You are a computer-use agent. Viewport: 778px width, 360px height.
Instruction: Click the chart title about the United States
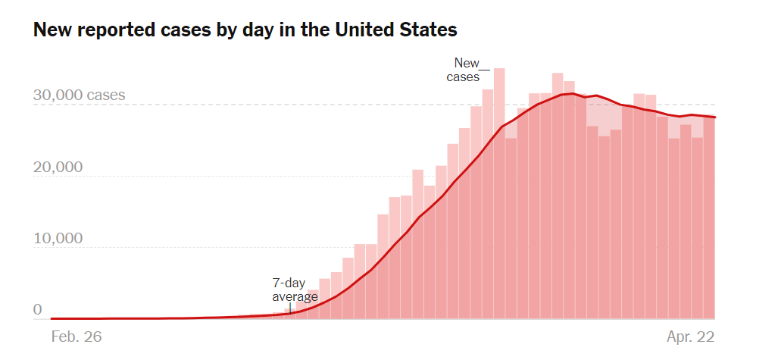tap(245, 30)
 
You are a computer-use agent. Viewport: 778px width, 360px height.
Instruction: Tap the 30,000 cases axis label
tap(80, 96)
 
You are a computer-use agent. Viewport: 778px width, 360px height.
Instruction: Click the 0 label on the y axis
tap(38, 309)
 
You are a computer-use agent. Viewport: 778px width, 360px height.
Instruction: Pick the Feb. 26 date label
tap(76, 335)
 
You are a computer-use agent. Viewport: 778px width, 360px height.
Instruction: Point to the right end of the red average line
tap(715, 117)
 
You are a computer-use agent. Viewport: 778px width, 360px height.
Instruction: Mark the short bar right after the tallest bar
tap(511, 227)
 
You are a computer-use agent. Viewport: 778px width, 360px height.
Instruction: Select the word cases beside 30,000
tap(106, 96)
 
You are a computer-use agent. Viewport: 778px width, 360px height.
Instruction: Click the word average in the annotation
tap(295, 297)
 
